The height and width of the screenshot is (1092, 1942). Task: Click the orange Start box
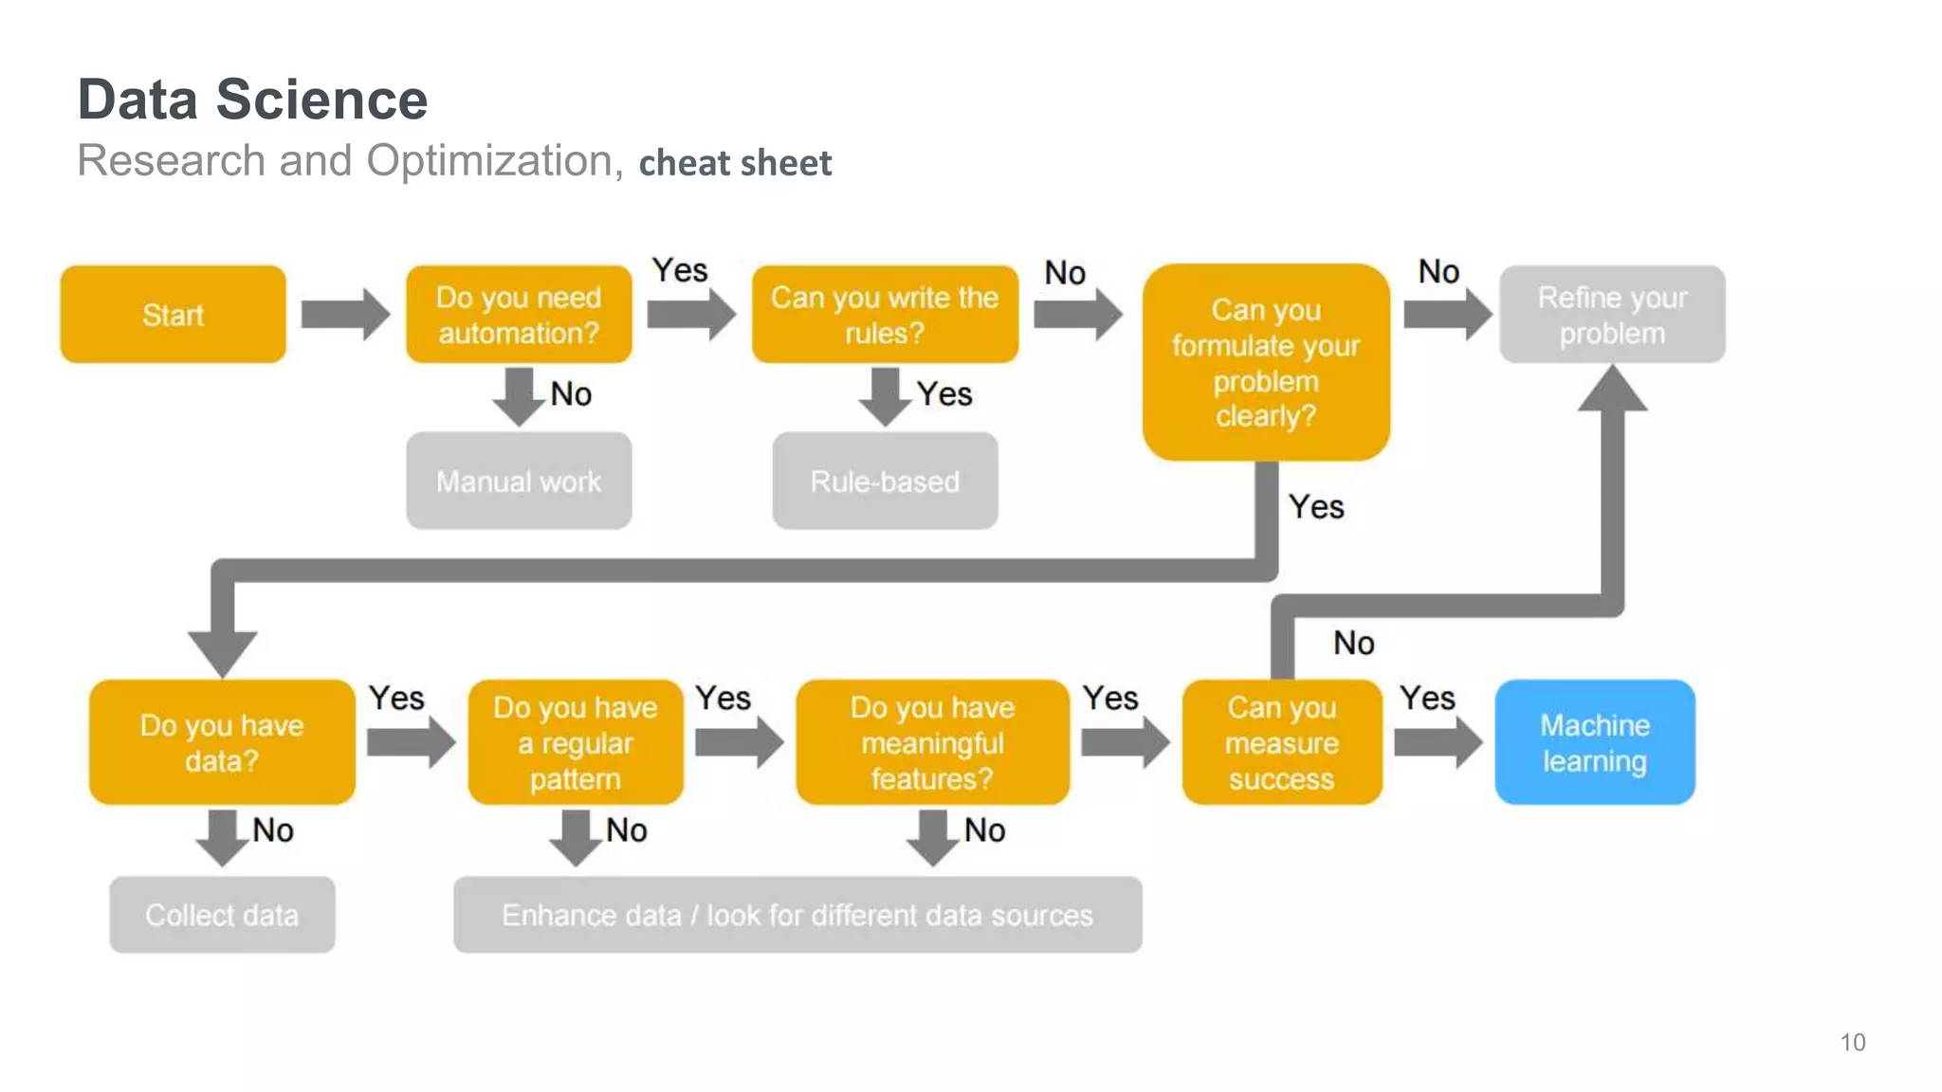click(173, 314)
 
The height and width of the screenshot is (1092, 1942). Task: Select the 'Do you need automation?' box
click(519, 314)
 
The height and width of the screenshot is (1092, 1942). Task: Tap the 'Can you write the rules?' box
click(884, 314)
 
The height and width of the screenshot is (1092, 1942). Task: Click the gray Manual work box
click(519, 481)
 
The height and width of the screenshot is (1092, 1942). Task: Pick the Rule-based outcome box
click(884, 481)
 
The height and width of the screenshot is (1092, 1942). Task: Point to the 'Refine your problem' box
click(1611, 314)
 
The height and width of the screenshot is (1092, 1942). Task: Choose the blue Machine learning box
click(1594, 742)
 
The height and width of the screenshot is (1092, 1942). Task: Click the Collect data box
click(222, 915)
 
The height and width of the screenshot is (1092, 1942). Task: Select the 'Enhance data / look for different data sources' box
click(797, 915)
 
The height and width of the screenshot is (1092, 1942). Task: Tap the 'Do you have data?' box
click(222, 742)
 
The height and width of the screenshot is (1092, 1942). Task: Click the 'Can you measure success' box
click(1281, 742)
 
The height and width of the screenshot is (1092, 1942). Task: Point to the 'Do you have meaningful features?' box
click(932, 742)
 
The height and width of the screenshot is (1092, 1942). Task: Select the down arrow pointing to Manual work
click(519, 396)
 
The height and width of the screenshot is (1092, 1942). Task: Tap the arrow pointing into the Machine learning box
click(1438, 742)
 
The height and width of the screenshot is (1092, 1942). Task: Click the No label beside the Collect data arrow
click(273, 830)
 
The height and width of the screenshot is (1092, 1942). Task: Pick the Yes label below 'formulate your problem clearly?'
click(1316, 507)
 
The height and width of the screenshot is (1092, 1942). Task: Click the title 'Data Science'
click(252, 100)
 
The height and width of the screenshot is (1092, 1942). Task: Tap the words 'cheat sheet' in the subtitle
click(735, 163)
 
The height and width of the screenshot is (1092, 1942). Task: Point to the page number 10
click(1852, 1043)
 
